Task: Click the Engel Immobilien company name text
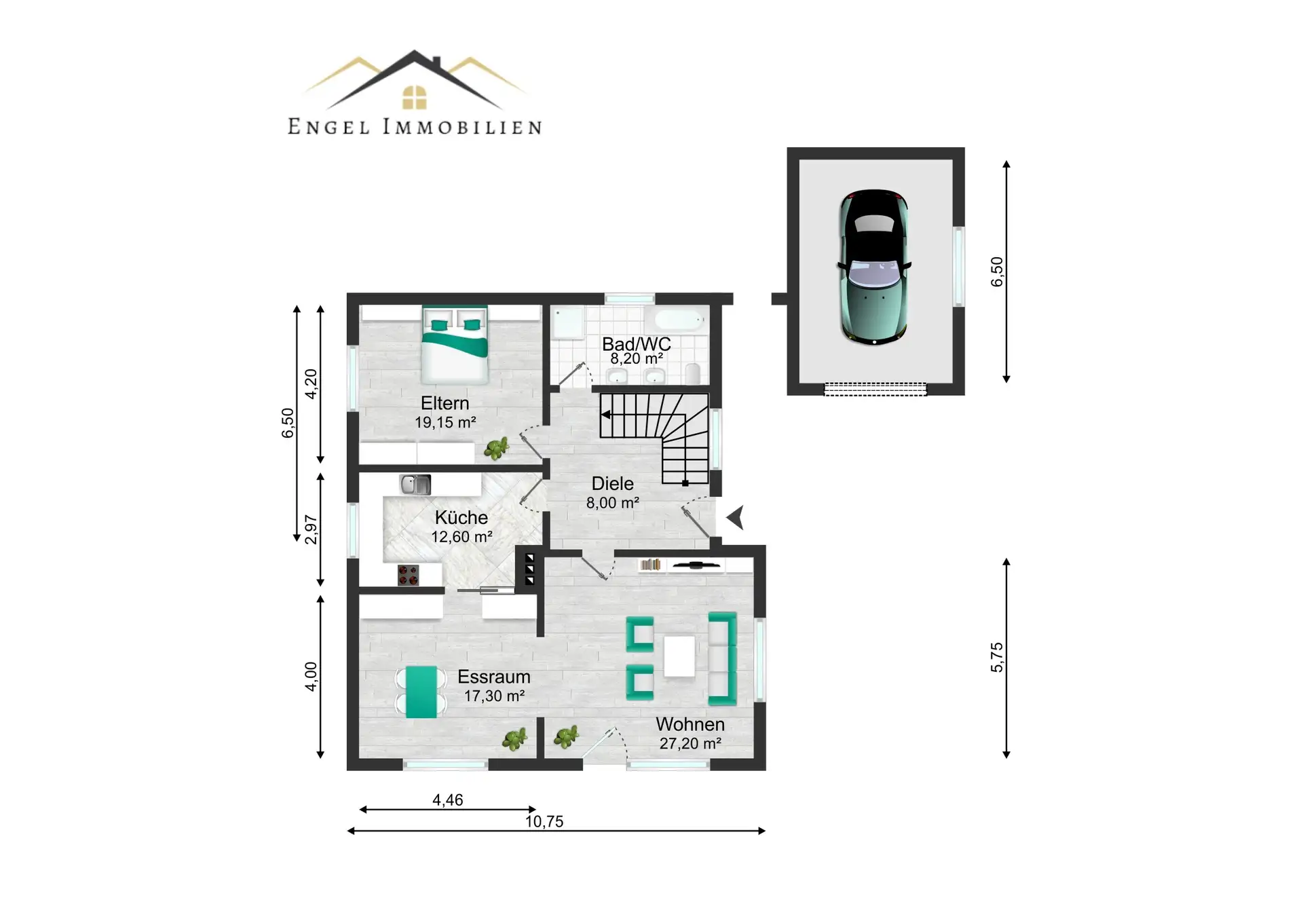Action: tap(415, 127)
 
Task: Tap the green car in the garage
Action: tap(874, 267)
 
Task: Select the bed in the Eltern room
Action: tap(455, 344)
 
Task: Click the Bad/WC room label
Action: tap(637, 344)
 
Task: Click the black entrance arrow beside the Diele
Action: tap(736, 517)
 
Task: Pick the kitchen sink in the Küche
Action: tap(415, 485)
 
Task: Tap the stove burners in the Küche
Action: tap(408, 576)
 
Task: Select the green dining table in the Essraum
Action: tap(421, 692)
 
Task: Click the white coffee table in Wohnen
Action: tap(679, 656)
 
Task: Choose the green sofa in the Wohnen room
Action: tap(723, 658)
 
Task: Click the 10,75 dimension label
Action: tap(544, 821)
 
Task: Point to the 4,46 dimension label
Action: tap(448, 800)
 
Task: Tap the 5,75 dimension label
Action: tap(996, 657)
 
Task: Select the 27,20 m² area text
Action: tap(690, 743)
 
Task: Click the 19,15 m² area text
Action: tap(445, 422)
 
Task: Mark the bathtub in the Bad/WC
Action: tap(679, 320)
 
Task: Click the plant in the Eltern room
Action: tap(497, 448)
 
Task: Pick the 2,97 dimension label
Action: tap(311, 529)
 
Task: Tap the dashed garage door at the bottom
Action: tap(875, 389)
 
